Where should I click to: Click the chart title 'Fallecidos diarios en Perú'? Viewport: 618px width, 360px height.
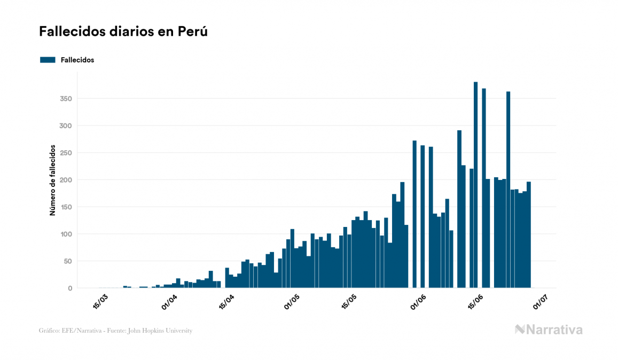[123, 32]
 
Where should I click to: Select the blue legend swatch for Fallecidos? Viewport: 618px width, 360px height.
[48, 60]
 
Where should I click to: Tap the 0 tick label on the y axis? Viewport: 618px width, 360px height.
[70, 288]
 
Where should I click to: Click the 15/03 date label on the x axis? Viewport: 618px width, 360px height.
[100, 301]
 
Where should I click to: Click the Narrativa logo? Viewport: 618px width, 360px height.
[549, 330]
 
